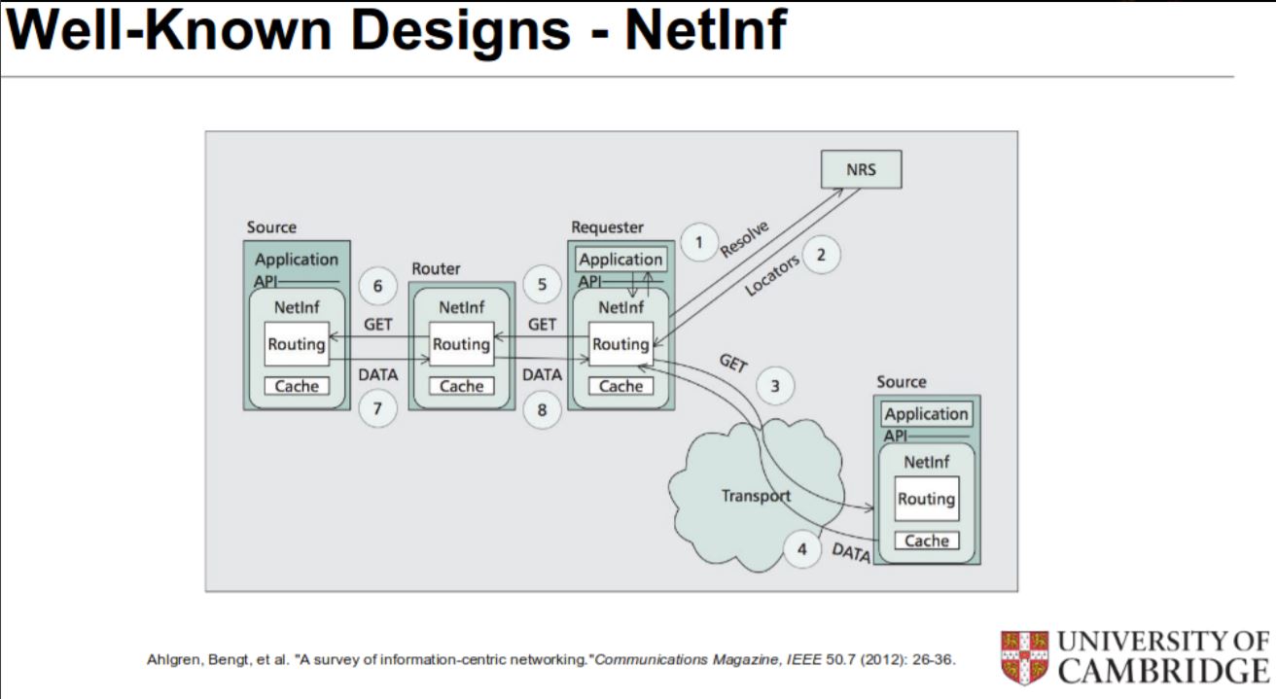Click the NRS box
point(861,170)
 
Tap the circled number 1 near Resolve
point(698,242)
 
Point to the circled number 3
point(775,385)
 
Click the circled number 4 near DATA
point(801,549)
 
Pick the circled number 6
point(377,286)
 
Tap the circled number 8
point(543,410)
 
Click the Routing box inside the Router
point(461,344)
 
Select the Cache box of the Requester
point(620,386)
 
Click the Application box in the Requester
point(620,260)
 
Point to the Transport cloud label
point(756,496)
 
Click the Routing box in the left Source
point(297,344)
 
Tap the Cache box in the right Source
point(926,541)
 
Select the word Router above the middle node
point(436,268)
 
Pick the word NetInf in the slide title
point(704,31)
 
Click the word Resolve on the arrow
point(746,239)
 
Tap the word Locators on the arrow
point(772,275)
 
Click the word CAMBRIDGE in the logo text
point(1163,671)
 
